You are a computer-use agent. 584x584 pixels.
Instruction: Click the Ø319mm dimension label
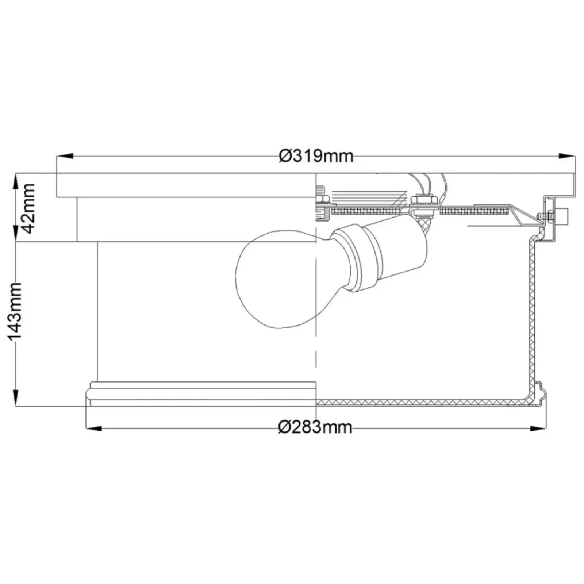316,156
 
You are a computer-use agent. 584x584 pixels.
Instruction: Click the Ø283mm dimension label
315,427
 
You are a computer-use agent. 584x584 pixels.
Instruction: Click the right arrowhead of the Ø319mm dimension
567,156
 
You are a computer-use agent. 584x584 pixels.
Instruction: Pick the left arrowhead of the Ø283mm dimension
93,428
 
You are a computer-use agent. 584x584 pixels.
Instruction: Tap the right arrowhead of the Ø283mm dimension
539,428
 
